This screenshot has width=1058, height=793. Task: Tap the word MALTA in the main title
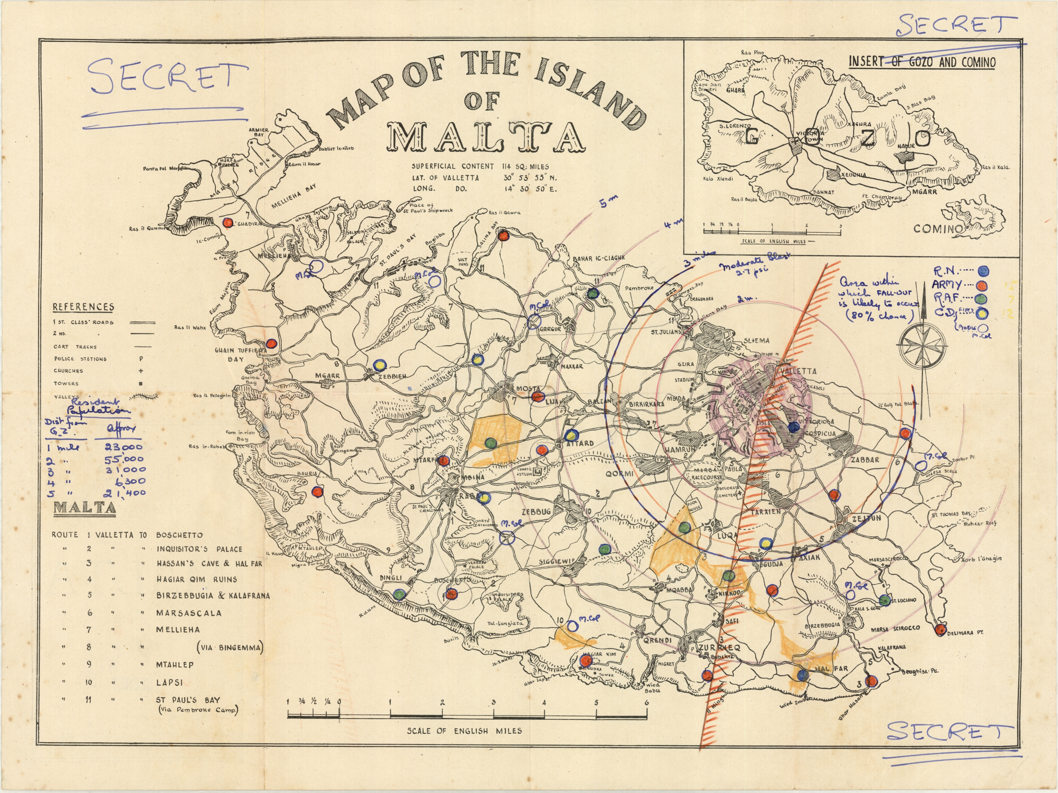click(x=486, y=137)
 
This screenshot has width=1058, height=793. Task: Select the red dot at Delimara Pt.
click(x=940, y=629)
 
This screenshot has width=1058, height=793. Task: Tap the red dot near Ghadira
click(x=229, y=222)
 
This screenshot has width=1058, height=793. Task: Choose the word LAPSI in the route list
click(x=169, y=683)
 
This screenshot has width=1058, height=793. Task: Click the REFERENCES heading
click(x=83, y=307)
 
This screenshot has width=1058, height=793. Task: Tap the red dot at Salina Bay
click(x=503, y=235)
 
